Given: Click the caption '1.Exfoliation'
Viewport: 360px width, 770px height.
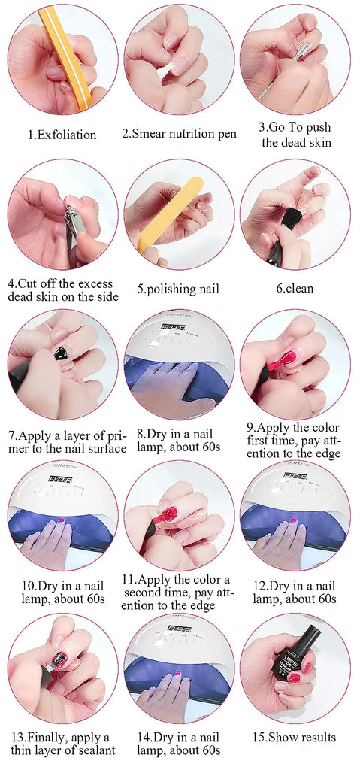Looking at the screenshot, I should [62, 135].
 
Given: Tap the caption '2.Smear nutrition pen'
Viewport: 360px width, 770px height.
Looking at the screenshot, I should [179, 135].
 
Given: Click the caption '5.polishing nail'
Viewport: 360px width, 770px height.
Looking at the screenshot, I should [179, 289].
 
